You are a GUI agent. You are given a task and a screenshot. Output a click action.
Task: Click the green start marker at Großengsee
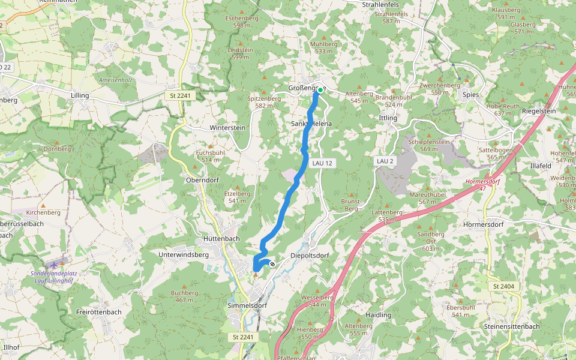coord(320,90)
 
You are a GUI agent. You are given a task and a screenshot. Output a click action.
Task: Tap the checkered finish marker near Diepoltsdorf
coord(272,264)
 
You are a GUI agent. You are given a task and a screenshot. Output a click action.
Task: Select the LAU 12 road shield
coord(322,163)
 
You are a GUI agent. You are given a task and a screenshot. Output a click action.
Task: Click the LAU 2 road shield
coord(385,161)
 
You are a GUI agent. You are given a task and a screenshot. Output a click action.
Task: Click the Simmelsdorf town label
coord(247,305)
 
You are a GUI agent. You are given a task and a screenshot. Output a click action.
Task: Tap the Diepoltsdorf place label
coord(310,255)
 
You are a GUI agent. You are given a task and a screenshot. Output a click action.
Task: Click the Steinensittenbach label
coord(511,326)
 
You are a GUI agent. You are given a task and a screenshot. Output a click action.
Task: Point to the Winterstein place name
coord(228,128)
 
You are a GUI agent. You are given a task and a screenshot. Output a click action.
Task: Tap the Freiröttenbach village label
coord(100,312)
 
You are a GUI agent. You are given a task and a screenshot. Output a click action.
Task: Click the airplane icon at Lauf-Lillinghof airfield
coord(56,264)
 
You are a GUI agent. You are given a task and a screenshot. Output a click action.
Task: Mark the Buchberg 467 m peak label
coord(184,296)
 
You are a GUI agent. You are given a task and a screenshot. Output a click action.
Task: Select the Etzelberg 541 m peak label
coord(237,197)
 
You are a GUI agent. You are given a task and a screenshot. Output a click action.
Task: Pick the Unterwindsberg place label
coord(183,254)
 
